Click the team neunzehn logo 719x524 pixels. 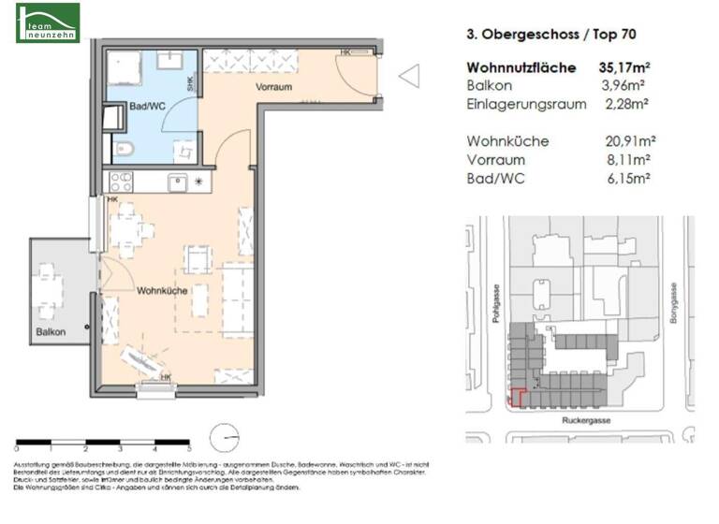48,22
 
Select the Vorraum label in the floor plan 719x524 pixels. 273,87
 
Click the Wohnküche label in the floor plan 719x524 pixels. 162,291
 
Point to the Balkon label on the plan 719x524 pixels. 51,332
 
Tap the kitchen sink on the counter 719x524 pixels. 178,182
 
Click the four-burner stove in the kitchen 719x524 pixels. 123,182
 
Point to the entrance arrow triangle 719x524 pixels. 409,76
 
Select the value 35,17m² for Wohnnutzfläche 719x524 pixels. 626,68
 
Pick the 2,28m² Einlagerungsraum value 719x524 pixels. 630,104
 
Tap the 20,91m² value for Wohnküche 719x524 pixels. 630,141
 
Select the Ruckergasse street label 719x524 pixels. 586,421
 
